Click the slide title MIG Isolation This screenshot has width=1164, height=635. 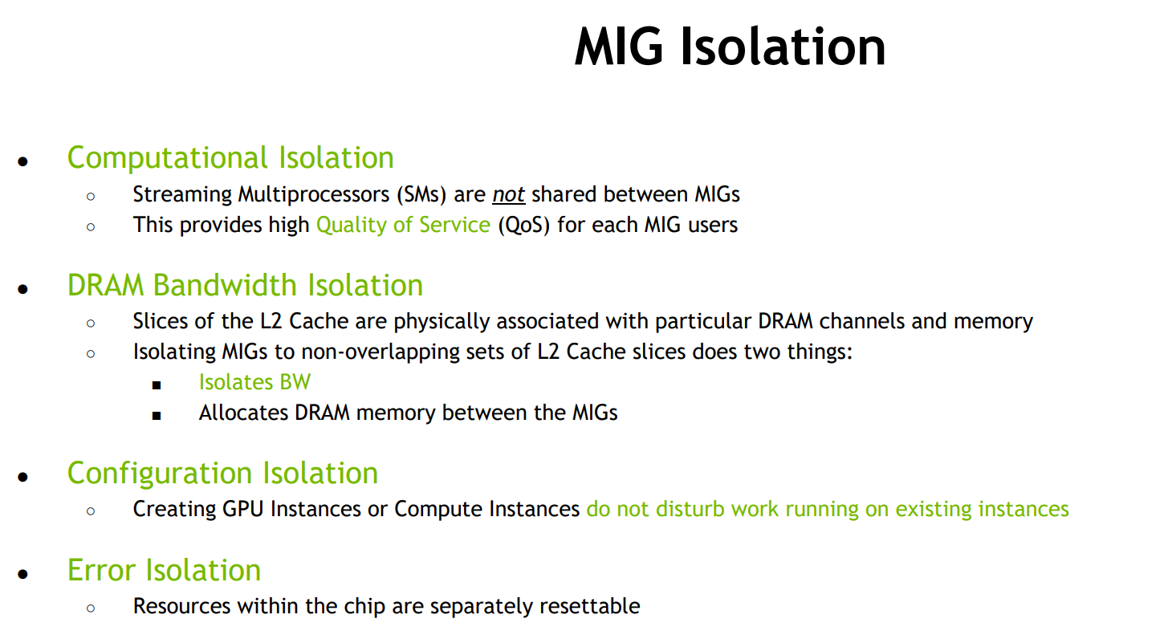click(730, 47)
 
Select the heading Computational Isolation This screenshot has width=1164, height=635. click(230, 158)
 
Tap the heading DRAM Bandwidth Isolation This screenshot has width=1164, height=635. click(245, 286)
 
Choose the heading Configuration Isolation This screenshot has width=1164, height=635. click(222, 473)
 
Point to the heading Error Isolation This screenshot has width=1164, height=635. click(164, 570)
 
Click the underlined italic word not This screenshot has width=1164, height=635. click(508, 195)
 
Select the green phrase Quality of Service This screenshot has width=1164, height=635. click(403, 225)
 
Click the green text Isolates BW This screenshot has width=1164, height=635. click(254, 382)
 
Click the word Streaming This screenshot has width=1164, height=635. click(181, 195)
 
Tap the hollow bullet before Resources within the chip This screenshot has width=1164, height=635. click(91, 609)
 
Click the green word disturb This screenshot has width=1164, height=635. click(689, 510)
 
